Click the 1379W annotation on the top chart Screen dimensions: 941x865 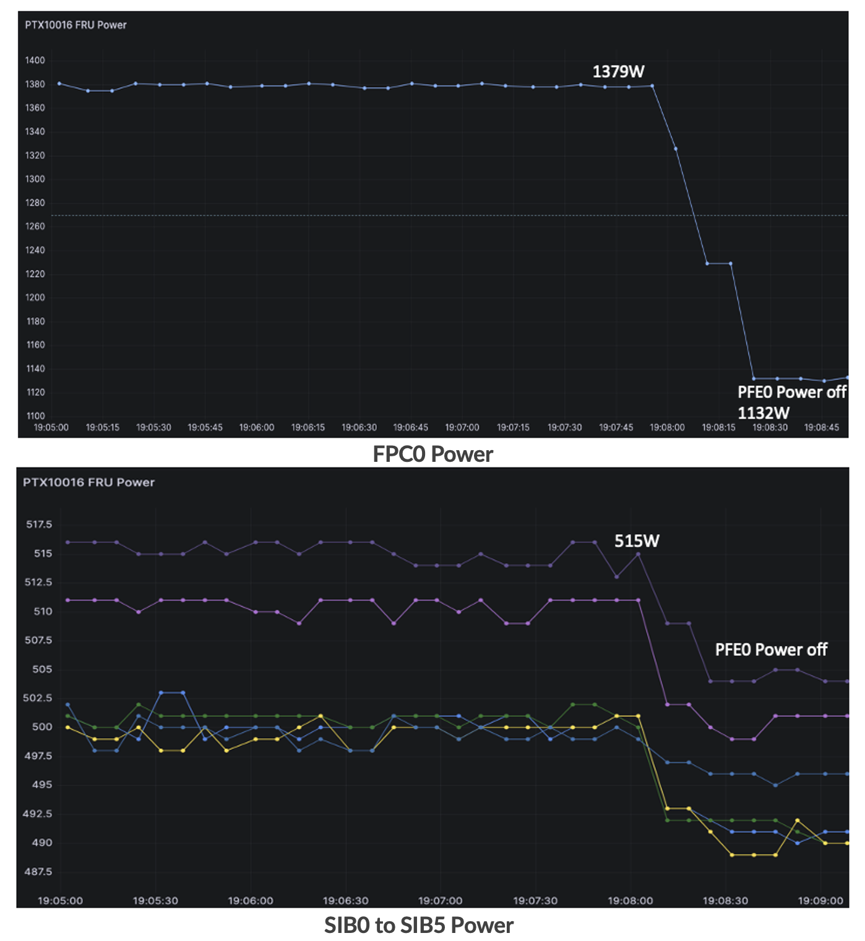click(x=618, y=72)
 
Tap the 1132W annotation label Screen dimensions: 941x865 click(x=764, y=413)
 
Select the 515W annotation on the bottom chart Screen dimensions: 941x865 click(x=637, y=541)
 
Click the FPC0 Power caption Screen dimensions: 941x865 click(x=432, y=454)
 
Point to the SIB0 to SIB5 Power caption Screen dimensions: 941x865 click(x=419, y=926)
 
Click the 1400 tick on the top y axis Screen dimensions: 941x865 click(x=35, y=61)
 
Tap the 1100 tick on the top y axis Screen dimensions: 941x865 click(x=35, y=416)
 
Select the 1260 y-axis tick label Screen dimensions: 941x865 click(x=35, y=226)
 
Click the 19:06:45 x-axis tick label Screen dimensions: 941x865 click(x=410, y=427)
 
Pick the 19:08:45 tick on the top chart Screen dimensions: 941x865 click(x=821, y=427)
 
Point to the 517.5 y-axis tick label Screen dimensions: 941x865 click(x=39, y=524)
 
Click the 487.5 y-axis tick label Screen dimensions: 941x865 click(x=39, y=872)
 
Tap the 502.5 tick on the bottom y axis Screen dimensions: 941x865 click(x=39, y=698)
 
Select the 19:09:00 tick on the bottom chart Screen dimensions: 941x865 click(x=820, y=901)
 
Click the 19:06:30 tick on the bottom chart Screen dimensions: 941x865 click(x=345, y=901)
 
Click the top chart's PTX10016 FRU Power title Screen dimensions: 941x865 click(x=75, y=25)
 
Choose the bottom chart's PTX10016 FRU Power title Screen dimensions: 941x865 click(x=88, y=482)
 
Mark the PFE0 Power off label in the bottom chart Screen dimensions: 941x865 click(x=771, y=650)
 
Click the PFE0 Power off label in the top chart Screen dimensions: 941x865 click(x=791, y=392)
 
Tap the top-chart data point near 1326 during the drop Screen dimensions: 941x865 click(x=676, y=149)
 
